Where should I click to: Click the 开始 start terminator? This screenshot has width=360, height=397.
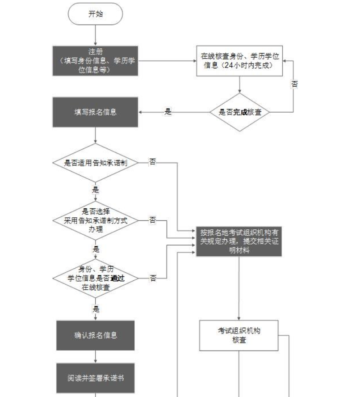point(95,14)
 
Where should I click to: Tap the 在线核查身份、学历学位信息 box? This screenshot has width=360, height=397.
point(240,61)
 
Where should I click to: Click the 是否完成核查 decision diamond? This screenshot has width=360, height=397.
point(240,112)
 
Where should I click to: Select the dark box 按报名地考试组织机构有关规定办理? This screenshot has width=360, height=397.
point(239,241)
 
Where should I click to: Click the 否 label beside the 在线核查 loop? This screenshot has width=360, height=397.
point(294,84)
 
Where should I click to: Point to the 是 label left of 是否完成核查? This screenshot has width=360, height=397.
point(168,112)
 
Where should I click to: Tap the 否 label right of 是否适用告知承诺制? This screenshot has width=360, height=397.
point(153,162)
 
